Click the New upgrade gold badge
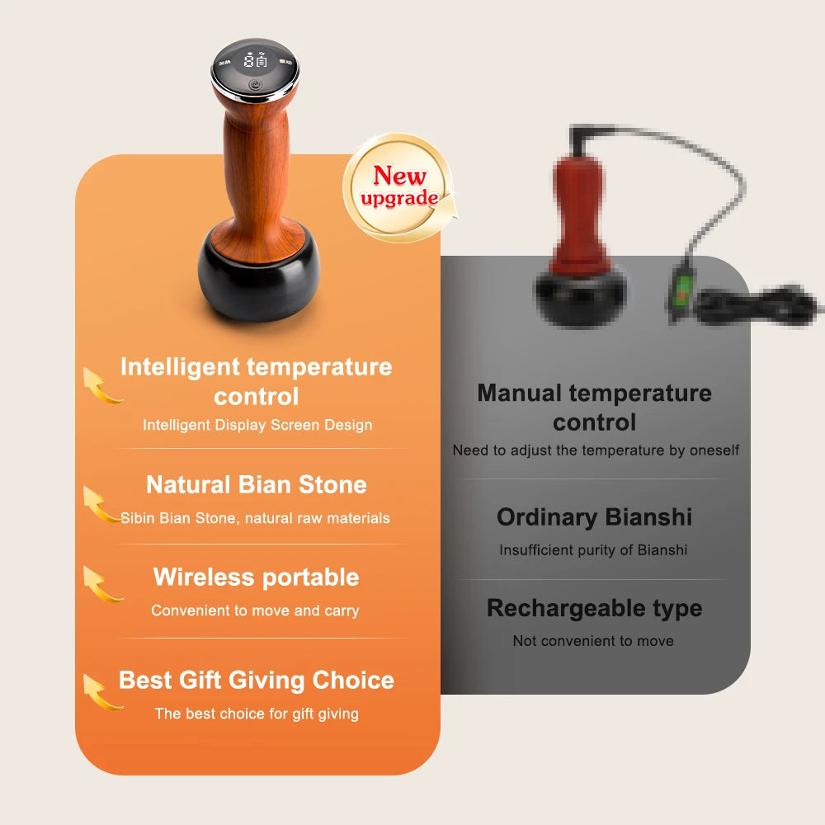[x=399, y=187]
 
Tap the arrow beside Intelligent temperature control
[x=101, y=386]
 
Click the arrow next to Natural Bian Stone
[x=101, y=504]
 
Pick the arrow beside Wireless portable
[x=101, y=584]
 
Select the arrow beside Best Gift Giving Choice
[x=101, y=691]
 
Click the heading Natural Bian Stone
[x=257, y=484]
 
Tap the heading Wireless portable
[x=257, y=577]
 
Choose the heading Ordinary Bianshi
[x=594, y=517]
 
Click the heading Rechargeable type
[x=594, y=608]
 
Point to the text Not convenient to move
[x=593, y=641]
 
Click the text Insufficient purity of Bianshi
[x=593, y=550]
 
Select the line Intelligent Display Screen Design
[x=257, y=425]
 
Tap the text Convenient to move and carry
[x=256, y=610]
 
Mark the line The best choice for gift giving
[x=257, y=714]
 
